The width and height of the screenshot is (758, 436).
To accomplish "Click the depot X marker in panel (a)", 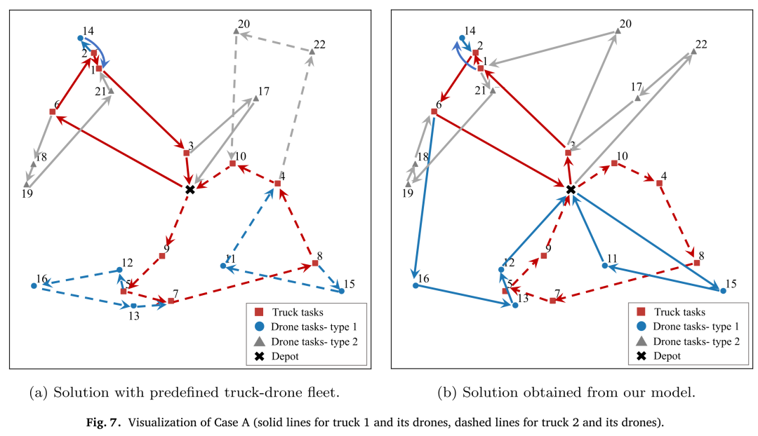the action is click(190, 190).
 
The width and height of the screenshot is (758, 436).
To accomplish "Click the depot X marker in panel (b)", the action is click(571, 190).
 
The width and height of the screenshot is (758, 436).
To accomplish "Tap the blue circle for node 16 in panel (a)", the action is click(34, 286).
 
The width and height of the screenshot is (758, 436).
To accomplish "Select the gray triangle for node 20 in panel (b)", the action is click(618, 31).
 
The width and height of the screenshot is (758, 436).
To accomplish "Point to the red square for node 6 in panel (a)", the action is click(53, 111).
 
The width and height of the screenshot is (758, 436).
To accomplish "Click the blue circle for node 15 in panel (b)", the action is click(723, 291).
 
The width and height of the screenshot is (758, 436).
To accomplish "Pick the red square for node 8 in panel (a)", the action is click(315, 263).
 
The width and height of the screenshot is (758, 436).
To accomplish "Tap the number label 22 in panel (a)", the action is click(319, 44).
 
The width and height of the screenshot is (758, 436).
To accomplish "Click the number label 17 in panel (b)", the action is click(636, 87).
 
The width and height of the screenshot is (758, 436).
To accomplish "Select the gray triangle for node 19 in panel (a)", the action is click(27, 184).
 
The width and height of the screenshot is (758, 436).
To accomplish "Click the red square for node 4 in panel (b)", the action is click(659, 184).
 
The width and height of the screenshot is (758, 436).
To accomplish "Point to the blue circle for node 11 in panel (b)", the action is click(605, 266).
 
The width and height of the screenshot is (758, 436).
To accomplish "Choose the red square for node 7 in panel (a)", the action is click(171, 301).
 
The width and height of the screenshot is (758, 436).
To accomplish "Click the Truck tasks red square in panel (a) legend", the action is click(259, 312).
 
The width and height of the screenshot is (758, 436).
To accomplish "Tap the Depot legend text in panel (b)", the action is click(667, 356).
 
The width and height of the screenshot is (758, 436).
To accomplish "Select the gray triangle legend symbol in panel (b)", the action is click(641, 341).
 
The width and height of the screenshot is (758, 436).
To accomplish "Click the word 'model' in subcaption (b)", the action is click(675, 392).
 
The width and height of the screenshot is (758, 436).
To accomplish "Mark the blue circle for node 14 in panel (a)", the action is click(81, 38).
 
